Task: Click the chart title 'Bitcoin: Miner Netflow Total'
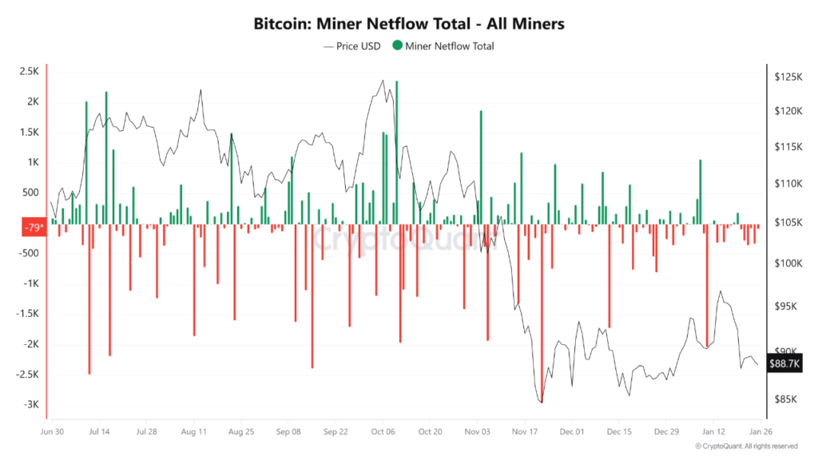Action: [408, 24]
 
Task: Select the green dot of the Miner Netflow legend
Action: [397, 46]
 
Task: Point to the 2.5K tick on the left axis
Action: [29, 72]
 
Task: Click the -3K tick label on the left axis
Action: [30, 405]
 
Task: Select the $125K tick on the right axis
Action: [788, 77]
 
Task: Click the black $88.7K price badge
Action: [784, 363]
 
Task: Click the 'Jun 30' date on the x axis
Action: [52, 431]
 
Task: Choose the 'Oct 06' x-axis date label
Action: [383, 431]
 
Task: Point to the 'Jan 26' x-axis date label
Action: [760, 431]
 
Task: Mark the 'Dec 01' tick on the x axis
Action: [572, 431]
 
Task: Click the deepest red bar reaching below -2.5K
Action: [542, 311]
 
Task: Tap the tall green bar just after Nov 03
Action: [481, 167]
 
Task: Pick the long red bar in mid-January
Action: [707, 284]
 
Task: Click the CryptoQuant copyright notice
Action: [746, 446]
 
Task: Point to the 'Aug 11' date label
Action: [194, 431]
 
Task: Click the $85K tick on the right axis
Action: [788, 399]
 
